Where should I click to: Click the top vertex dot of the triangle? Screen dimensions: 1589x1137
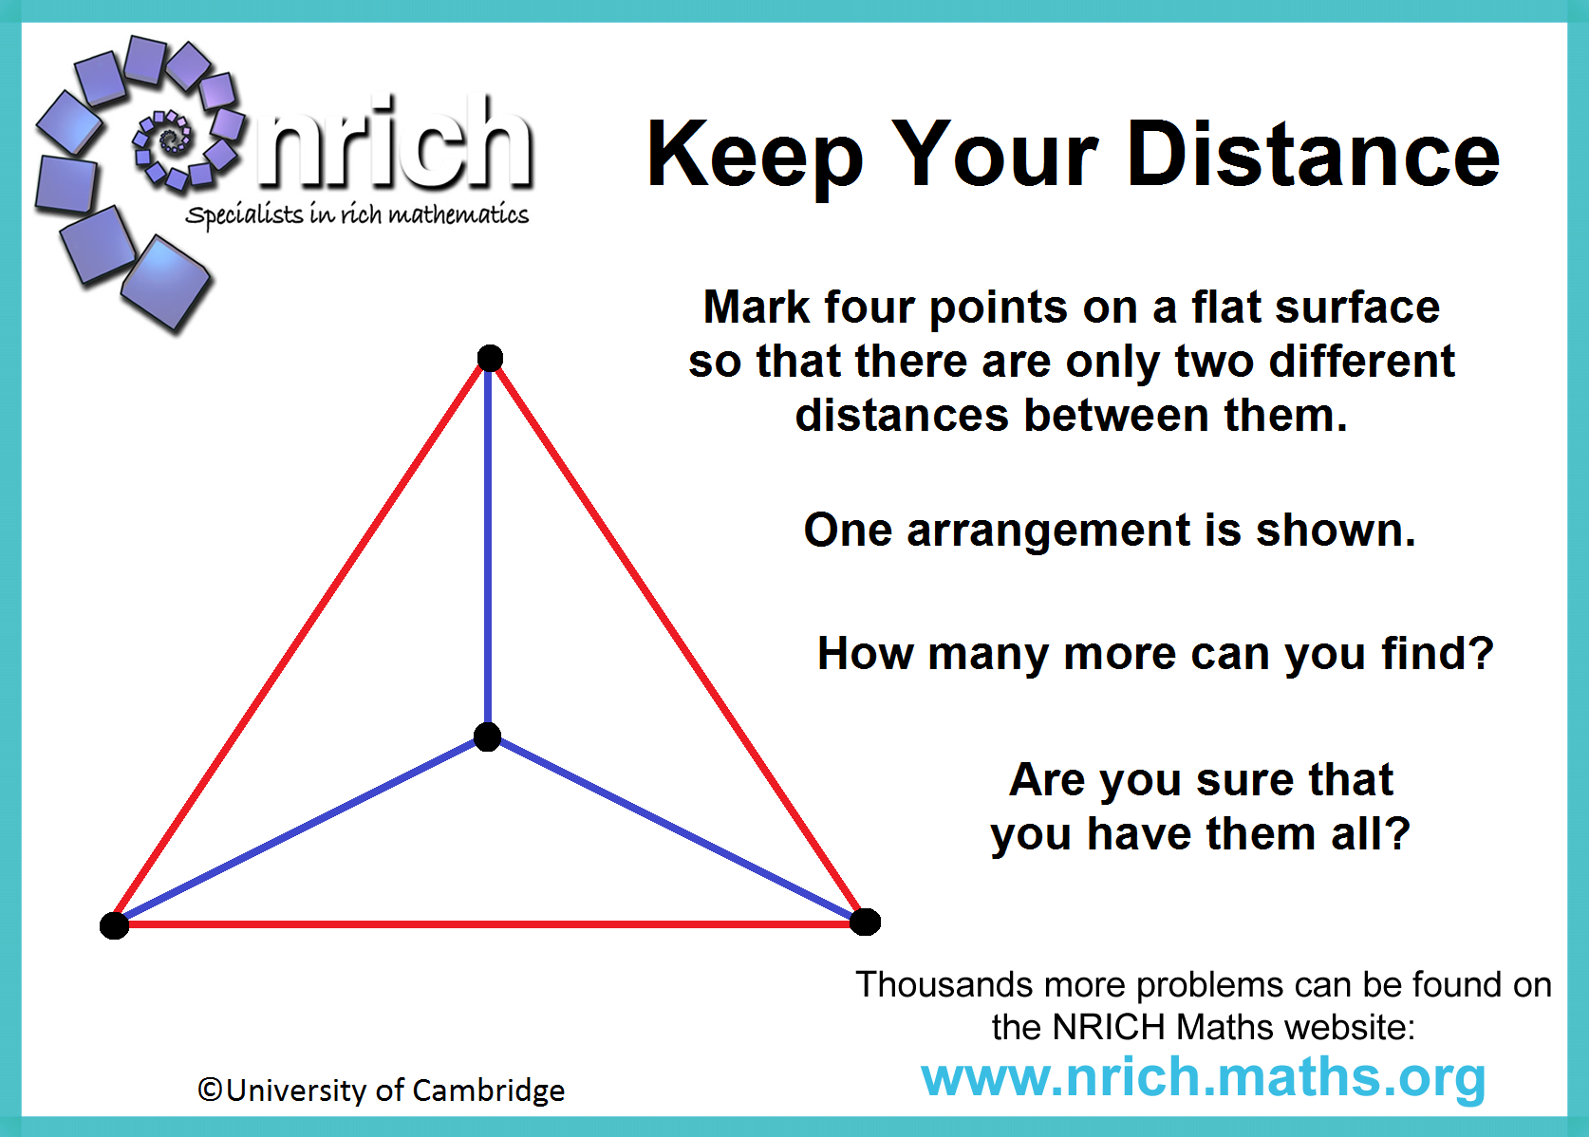490,358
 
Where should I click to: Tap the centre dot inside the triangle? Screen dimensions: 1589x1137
487,736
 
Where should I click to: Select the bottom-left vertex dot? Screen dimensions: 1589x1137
114,925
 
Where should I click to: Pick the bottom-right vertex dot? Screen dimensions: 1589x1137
865,923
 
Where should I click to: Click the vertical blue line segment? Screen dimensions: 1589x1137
488,547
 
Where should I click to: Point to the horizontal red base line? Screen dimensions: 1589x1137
490,924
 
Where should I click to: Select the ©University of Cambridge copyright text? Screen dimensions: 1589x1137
382,1090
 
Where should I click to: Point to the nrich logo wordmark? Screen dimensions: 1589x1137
394,141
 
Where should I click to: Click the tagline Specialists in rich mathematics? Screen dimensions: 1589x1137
357,214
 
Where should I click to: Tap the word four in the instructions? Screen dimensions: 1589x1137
869,308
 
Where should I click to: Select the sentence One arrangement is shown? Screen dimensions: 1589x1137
1110,531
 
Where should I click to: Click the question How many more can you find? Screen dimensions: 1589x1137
1155,653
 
